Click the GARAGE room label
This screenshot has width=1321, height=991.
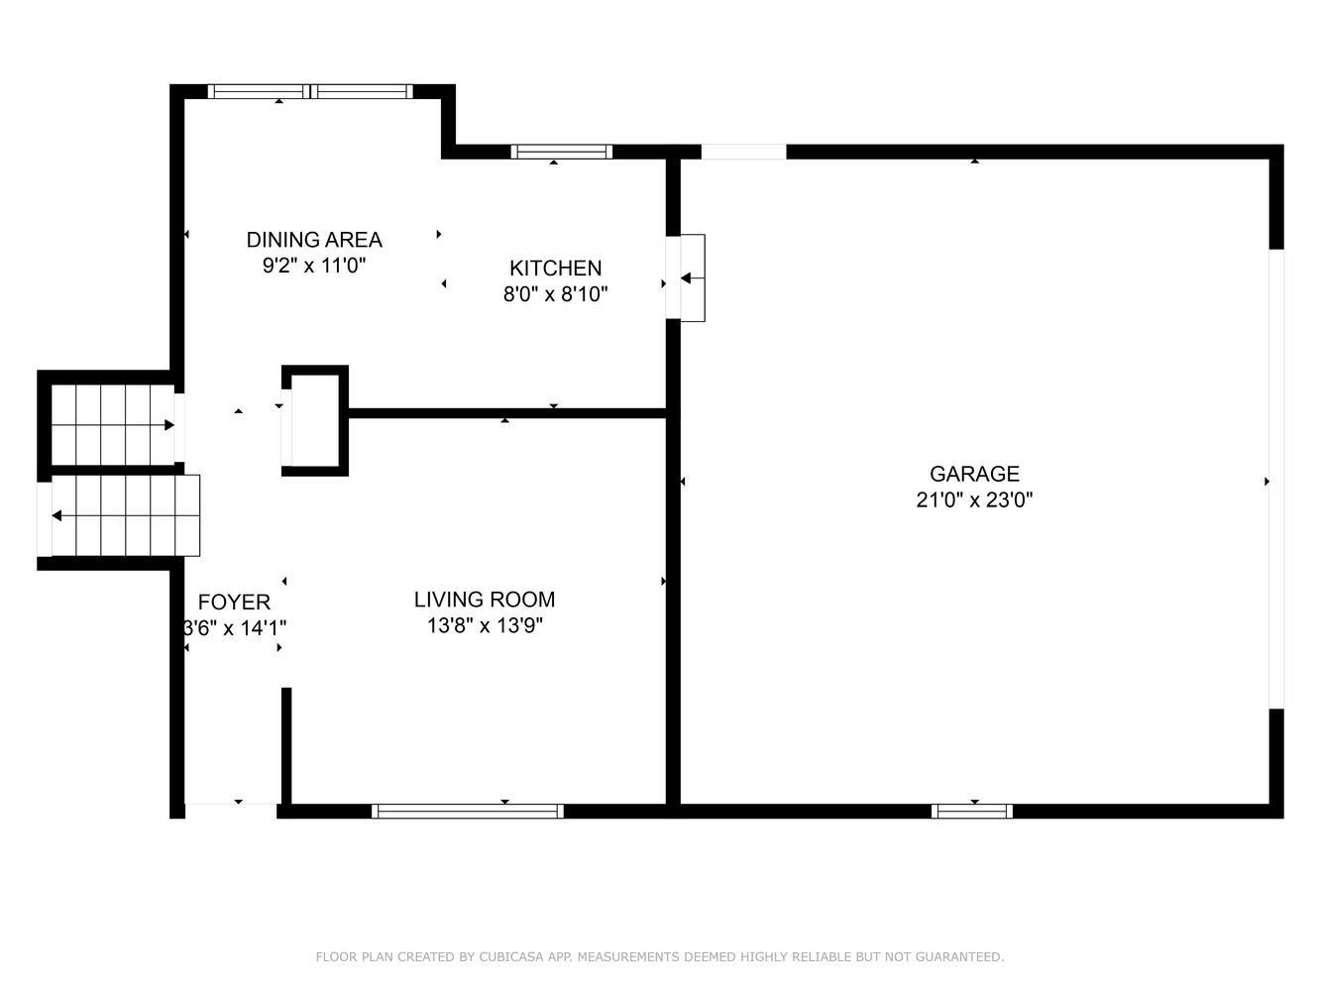(x=974, y=474)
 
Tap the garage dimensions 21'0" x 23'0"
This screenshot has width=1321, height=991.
(x=974, y=500)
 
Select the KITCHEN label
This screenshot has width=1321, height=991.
(x=555, y=268)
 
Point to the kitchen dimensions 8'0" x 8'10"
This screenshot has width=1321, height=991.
(x=555, y=294)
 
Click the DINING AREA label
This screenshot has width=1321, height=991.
(x=313, y=240)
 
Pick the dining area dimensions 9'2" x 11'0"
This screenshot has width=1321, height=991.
(x=313, y=266)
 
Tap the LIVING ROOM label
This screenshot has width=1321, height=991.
(x=484, y=600)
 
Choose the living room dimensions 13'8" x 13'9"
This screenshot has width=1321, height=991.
(x=484, y=625)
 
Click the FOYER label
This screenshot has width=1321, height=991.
(x=234, y=602)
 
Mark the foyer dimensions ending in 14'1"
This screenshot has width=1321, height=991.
(x=234, y=628)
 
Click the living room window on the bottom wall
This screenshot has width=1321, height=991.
(x=467, y=811)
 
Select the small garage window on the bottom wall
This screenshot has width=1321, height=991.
(x=971, y=811)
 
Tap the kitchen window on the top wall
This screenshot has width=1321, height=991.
(x=562, y=152)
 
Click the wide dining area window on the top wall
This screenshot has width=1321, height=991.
(x=310, y=91)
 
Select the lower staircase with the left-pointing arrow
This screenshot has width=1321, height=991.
(x=125, y=515)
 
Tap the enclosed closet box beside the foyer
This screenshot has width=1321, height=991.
(x=315, y=420)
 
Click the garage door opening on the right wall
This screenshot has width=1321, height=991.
(x=1275, y=479)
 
